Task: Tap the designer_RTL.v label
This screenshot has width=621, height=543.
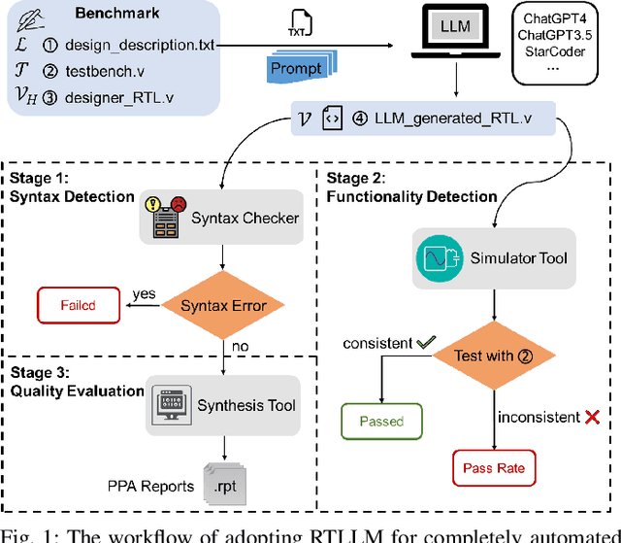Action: pyautogui.click(x=119, y=96)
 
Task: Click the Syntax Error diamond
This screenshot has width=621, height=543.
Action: pyautogui.click(x=223, y=307)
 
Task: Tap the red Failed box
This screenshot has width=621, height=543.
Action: pyautogui.click(x=79, y=305)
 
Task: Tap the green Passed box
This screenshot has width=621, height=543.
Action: pyautogui.click(x=381, y=421)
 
